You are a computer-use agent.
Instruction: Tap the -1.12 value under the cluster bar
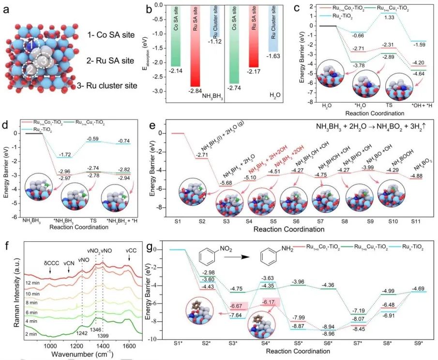215,42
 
